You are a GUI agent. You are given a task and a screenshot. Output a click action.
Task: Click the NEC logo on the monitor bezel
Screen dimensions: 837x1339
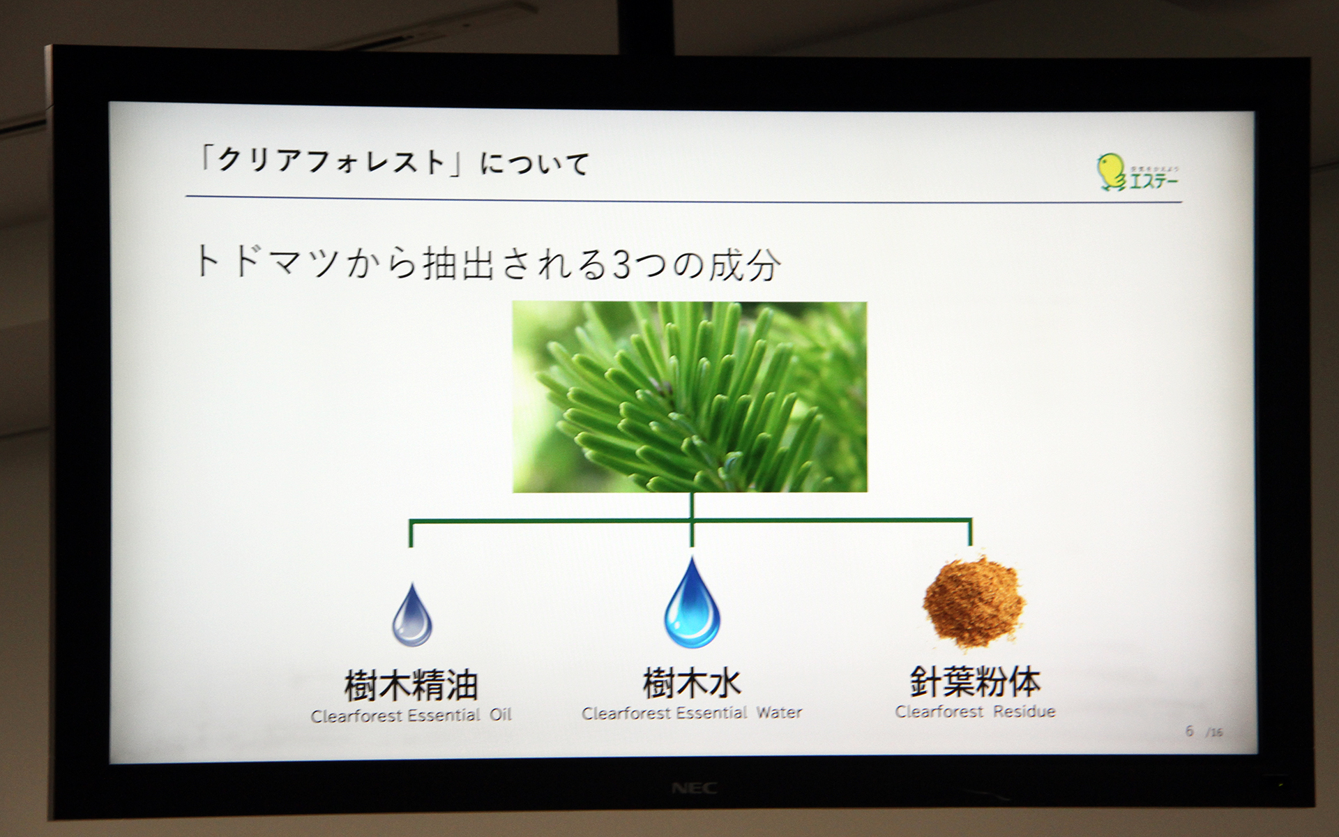(x=694, y=789)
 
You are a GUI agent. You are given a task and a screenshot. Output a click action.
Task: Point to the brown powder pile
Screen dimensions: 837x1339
(x=974, y=601)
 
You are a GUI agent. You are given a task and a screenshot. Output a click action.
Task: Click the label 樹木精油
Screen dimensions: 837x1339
(x=411, y=685)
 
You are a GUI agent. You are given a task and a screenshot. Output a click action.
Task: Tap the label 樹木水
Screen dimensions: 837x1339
(x=691, y=682)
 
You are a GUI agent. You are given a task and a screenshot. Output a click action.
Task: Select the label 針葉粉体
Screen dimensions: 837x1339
(x=974, y=681)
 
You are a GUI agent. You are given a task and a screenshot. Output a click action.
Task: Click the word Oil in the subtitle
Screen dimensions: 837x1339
(x=500, y=715)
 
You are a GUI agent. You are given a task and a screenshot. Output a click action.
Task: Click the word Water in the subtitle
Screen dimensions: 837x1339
(x=779, y=713)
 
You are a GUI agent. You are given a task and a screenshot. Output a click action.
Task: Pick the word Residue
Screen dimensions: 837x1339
(x=1024, y=711)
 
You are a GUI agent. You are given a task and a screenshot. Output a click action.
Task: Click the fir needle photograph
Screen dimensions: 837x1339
(x=690, y=397)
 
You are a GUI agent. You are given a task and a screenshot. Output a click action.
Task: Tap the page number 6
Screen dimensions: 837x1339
(x=1189, y=730)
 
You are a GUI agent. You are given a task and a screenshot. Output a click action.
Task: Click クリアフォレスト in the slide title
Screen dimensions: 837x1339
(x=331, y=161)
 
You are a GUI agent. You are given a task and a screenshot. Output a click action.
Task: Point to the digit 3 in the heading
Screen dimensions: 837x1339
(x=621, y=266)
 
